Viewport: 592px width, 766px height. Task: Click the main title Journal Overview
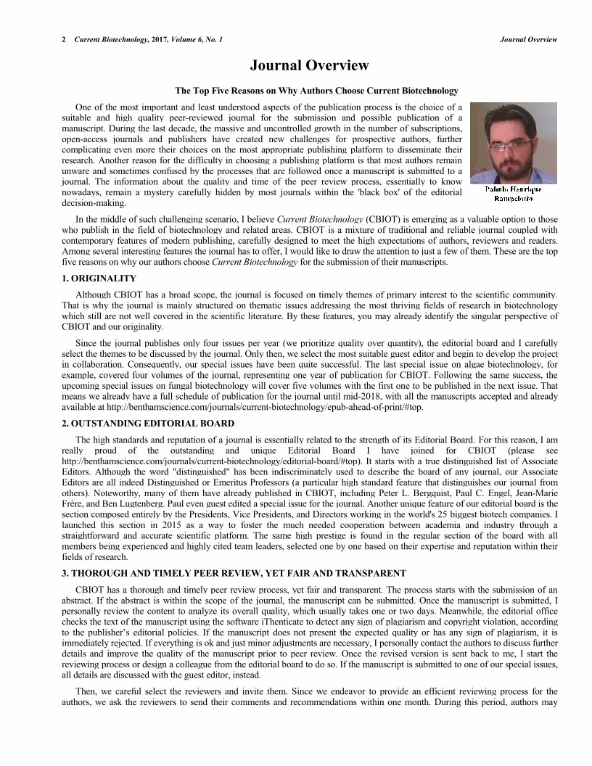(x=309, y=66)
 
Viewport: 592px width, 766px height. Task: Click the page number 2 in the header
(x=64, y=39)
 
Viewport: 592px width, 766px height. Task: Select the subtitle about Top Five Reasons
(x=316, y=91)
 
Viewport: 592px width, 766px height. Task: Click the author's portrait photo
(x=513, y=142)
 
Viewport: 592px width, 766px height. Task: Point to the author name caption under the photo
(x=513, y=193)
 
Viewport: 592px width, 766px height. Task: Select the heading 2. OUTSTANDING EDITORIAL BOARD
(x=148, y=423)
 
